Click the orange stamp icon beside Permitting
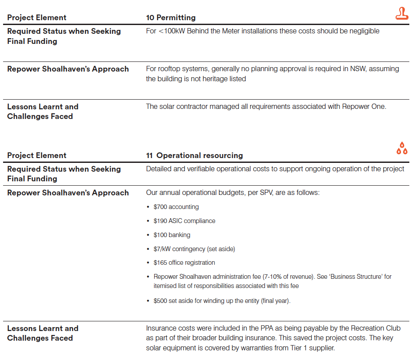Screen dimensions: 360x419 (401, 14)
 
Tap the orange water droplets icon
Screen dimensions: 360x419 (401, 148)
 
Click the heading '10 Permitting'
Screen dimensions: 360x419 (171, 18)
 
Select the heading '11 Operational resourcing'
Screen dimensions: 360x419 (194, 155)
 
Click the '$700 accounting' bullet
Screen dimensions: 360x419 (176, 207)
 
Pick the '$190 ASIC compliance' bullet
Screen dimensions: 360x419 (184, 221)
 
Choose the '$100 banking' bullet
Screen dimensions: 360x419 (172, 235)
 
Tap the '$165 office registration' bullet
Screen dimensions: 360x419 (184, 263)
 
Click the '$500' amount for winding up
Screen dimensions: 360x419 (160, 301)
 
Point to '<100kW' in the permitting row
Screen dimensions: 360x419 (169, 31)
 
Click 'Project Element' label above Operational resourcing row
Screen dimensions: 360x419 (37, 155)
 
